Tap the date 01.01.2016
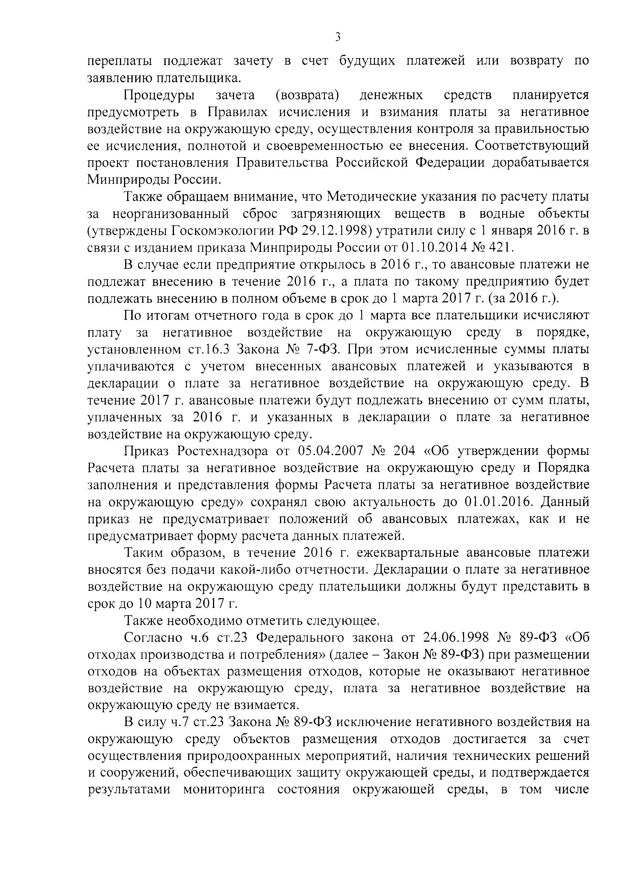coord(498,502)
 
